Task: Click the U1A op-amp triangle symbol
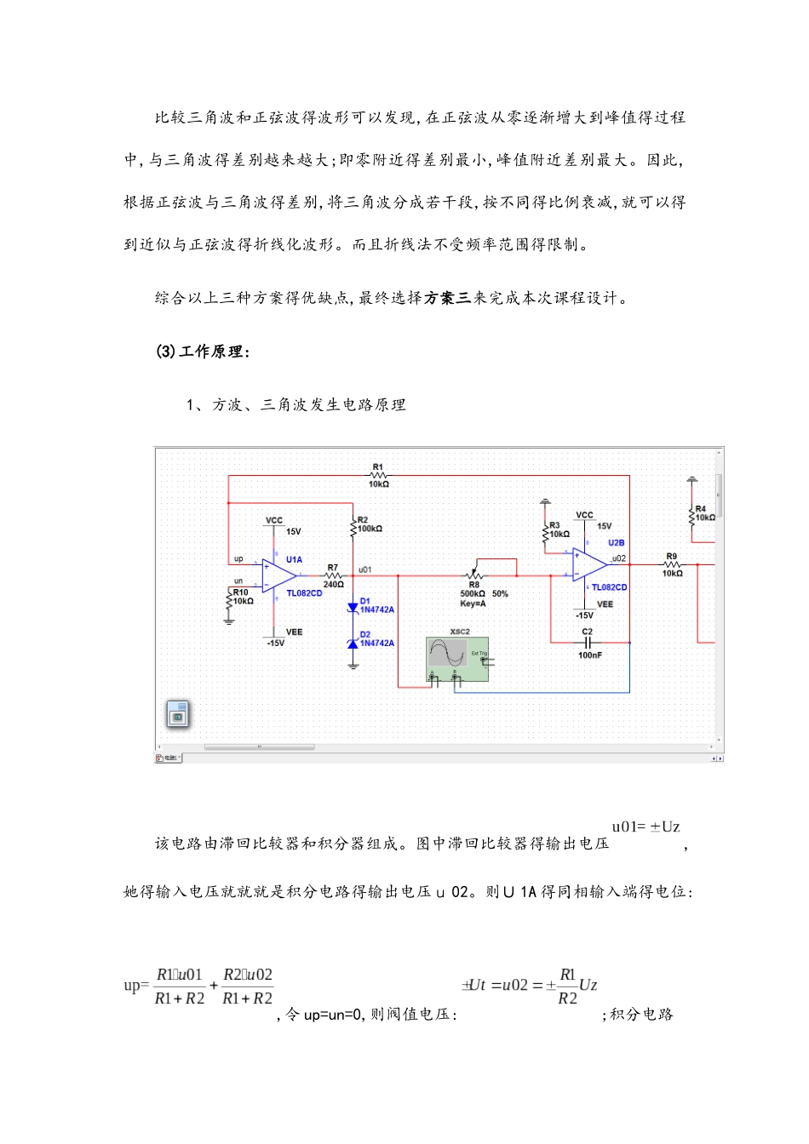coord(278,577)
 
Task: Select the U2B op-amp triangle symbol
coord(588,563)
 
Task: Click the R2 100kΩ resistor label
coord(369,524)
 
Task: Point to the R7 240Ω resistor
coord(333,576)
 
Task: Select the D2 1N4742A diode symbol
coord(353,643)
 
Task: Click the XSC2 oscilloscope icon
coord(457,659)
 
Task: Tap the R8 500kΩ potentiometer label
coord(473,590)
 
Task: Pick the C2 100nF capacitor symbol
coord(588,643)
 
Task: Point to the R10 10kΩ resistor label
coord(242,597)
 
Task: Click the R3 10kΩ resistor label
coord(559,529)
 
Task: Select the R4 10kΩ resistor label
coord(704,512)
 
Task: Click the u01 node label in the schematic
coord(364,569)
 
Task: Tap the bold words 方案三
coord(448,298)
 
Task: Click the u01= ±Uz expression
coord(645,827)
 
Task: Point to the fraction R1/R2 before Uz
coord(567,987)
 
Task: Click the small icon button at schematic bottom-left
coord(177,715)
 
